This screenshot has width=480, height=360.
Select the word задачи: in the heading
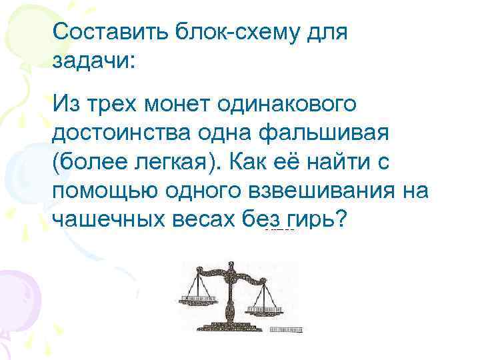(x=93, y=61)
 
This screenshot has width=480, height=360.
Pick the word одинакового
(x=291, y=105)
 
